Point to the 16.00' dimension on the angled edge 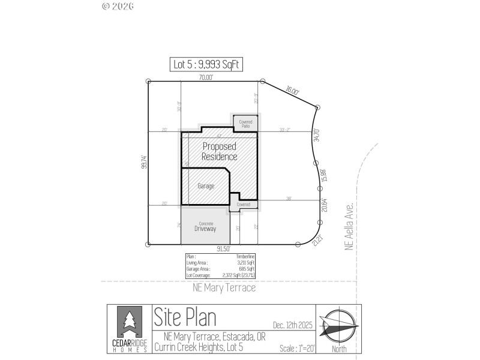click(x=292, y=91)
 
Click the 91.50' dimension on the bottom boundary click(x=223, y=248)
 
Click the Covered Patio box click(x=245, y=124)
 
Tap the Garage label click(x=206, y=186)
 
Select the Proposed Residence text click(x=219, y=151)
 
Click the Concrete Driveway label click(x=205, y=227)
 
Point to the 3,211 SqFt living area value click(x=245, y=262)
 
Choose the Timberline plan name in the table click(x=247, y=256)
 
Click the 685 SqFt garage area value click(x=247, y=268)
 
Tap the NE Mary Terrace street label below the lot click(x=224, y=288)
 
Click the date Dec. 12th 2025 click(x=292, y=325)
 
